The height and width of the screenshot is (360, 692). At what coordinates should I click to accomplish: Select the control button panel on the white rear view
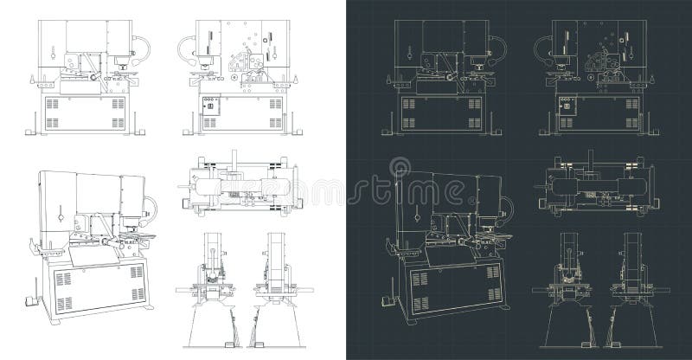208,105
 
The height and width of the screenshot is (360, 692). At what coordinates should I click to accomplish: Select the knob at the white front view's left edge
30,83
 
